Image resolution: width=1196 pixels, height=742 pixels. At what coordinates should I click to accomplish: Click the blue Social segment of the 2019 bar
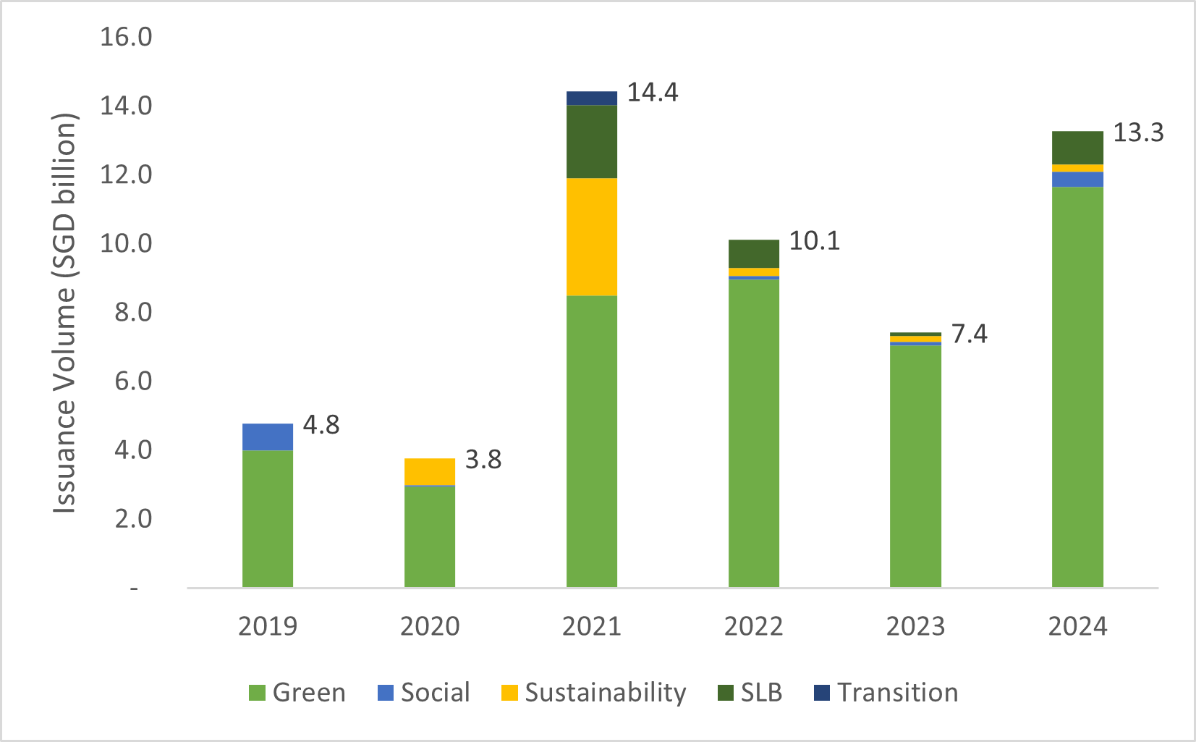(268, 437)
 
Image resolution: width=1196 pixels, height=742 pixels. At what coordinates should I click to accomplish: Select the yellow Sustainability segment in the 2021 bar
(592, 237)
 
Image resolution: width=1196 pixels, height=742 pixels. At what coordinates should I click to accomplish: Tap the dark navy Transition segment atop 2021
(592, 98)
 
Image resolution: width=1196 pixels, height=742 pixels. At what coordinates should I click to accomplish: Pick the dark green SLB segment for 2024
(1077, 148)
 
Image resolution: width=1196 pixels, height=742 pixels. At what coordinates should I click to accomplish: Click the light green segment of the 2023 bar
(915, 466)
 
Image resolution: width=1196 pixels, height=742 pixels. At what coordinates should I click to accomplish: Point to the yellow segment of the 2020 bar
(430, 472)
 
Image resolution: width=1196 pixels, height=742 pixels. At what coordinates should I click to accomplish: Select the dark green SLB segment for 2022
(754, 254)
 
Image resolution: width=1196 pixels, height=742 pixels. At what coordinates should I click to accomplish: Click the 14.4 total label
(653, 93)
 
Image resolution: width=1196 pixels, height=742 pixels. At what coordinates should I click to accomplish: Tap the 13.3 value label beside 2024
(1138, 132)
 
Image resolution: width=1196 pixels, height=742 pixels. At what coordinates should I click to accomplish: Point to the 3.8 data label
(483, 460)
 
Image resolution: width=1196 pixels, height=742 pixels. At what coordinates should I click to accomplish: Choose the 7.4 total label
(969, 334)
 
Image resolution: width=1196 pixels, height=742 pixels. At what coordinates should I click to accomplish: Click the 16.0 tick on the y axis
(126, 38)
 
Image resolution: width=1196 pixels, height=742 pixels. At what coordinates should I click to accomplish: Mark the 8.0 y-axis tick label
(133, 313)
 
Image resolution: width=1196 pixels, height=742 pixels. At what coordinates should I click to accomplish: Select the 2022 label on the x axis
(753, 626)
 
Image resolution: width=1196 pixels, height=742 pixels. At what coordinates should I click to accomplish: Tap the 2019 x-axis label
(268, 626)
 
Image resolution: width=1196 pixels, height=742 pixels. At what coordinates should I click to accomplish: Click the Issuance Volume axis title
(64, 313)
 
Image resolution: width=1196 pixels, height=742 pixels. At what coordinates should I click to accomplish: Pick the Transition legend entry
(886, 692)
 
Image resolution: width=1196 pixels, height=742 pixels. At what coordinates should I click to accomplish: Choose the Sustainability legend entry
(594, 693)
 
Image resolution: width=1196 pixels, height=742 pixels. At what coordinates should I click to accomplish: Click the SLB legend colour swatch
(726, 693)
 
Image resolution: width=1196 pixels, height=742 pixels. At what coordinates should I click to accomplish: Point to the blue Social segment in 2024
(1077, 180)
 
